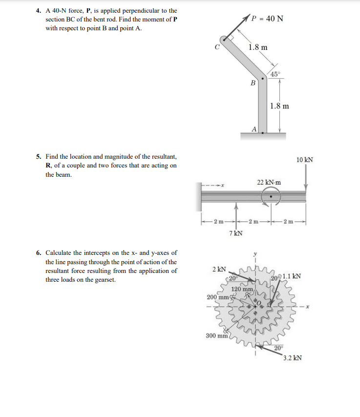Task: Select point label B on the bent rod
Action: click(253, 83)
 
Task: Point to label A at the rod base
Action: click(254, 129)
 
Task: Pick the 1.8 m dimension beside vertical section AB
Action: click(279, 105)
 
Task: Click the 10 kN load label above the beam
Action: click(305, 160)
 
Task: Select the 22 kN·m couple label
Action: click(269, 182)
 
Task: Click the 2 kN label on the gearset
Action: click(219, 269)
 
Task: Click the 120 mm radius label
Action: click(242, 289)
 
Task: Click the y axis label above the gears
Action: click(255, 254)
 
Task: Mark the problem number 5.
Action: click(39, 157)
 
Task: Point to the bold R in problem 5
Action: click(48, 166)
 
